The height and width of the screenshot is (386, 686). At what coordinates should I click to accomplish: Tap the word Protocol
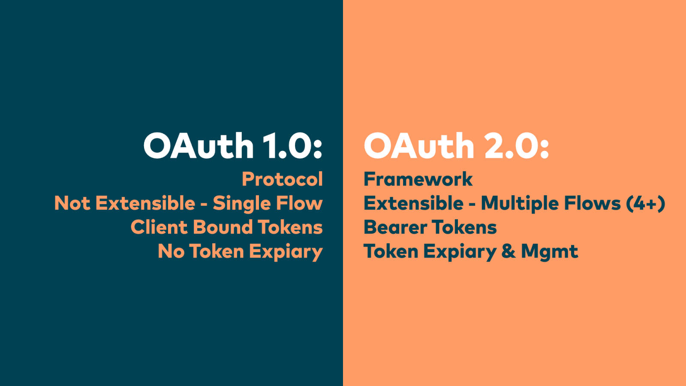click(283, 179)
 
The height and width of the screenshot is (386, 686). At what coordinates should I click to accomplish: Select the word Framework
click(418, 179)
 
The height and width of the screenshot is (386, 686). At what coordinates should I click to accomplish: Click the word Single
click(242, 204)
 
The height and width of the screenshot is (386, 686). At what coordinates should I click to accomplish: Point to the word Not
click(72, 203)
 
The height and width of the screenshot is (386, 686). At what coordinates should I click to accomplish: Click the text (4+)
click(646, 203)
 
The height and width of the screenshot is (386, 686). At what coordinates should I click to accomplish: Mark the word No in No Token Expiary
click(171, 251)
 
